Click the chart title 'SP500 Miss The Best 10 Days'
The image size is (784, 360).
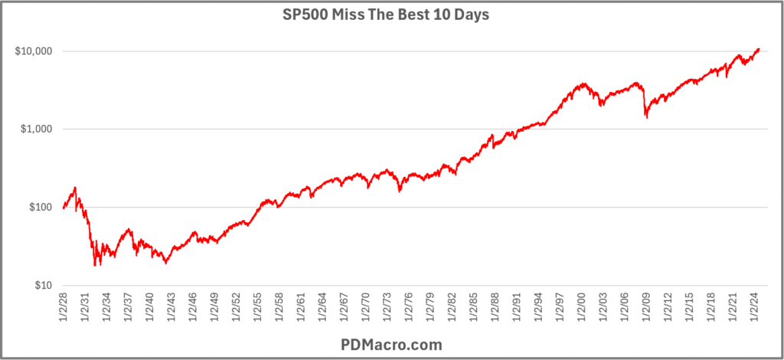(x=391, y=16)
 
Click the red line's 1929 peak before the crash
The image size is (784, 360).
(x=75, y=187)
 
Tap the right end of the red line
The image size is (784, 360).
(x=759, y=49)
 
